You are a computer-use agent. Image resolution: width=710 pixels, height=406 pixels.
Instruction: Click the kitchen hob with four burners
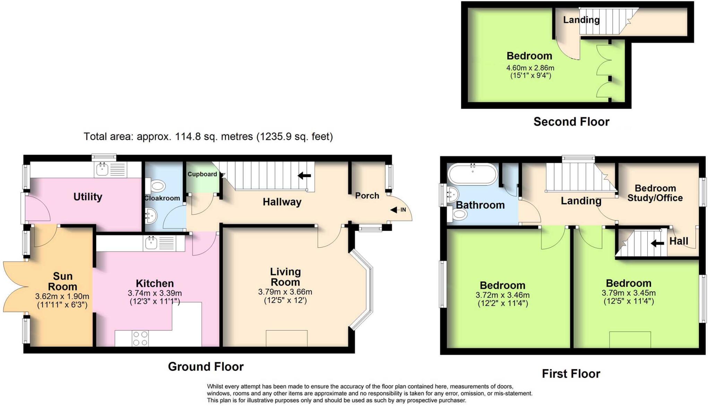click(x=140, y=338)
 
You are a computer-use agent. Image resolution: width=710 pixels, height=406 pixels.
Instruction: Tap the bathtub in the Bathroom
click(x=472, y=174)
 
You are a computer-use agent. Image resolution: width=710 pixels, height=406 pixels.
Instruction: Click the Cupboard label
click(x=202, y=174)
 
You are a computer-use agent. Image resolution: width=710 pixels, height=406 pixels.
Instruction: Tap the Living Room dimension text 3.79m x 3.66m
click(x=285, y=292)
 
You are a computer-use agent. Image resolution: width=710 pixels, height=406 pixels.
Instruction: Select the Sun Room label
click(x=62, y=281)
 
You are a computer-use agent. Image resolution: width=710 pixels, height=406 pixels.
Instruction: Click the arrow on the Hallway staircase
click(x=304, y=176)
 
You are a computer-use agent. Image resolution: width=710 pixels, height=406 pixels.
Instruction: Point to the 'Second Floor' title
click(x=571, y=122)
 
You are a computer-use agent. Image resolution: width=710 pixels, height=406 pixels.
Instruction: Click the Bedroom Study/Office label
click(x=655, y=193)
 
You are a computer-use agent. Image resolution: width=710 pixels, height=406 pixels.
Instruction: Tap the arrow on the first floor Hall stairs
click(x=657, y=243)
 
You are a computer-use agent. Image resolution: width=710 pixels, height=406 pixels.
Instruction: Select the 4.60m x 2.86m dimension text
click(x=530, y=68)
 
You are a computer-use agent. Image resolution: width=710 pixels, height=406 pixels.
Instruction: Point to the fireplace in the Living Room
click(x=286, y=338)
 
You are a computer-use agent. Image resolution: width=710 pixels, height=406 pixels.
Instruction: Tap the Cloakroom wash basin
click(x=151, y=217)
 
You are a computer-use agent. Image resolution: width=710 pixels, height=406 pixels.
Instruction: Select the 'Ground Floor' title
click(x=206, y=367)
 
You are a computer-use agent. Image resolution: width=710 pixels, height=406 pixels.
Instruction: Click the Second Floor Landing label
click(x=581, y=20)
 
